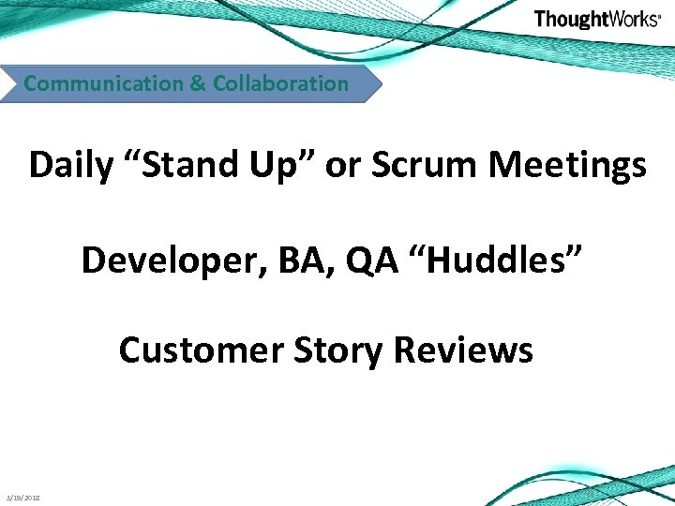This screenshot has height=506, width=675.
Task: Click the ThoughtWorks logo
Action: point(596,20)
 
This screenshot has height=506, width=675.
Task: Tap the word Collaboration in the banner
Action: point(280,83)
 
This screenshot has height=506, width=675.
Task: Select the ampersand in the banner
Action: point(198,83)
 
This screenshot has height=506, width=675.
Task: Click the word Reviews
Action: point(463,350)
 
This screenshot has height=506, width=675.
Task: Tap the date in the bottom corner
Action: point(28,498)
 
